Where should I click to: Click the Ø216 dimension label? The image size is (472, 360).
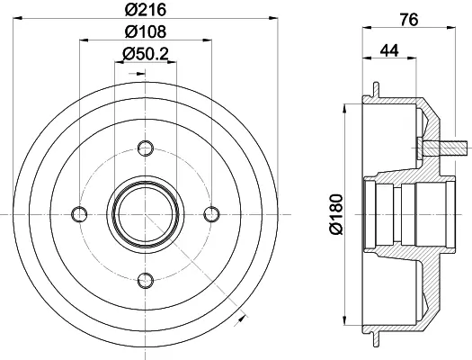(x=146, y=10)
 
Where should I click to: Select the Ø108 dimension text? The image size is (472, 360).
(x=146, y=31)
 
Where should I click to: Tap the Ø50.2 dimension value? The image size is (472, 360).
(x=146, y=54)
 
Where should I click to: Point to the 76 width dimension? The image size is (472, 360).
(x=409, y=20)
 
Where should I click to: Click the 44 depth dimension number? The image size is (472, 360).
(x=389, y=50)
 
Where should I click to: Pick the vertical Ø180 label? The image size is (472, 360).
(x=336, y=214)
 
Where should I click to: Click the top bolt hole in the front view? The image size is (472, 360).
(x=146, y=148)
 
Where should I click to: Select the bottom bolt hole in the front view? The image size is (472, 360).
(x=146, y=281)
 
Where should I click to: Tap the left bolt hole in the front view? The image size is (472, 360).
(x=79, y=214)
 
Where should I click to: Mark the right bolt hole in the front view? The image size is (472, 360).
(x=211, y=214)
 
